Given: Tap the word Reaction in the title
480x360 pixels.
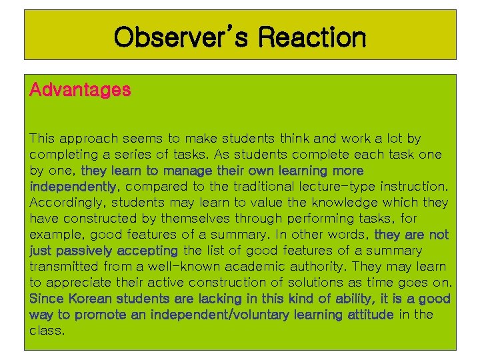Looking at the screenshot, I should point(312,37).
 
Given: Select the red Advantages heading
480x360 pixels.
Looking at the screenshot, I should point(80,89).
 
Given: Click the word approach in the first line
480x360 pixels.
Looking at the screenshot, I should point(87,139).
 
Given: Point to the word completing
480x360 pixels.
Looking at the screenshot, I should point(61,155).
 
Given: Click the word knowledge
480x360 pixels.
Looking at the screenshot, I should point(369,203).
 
